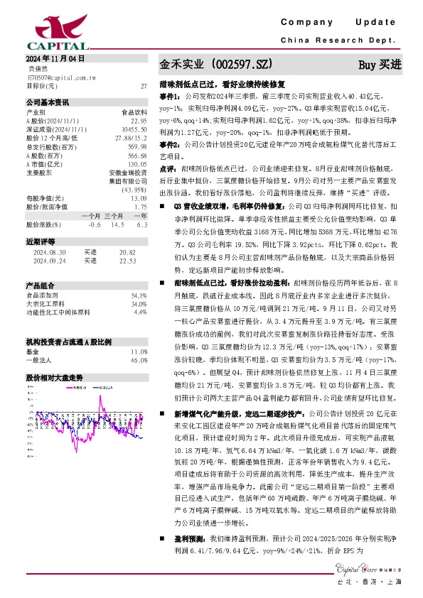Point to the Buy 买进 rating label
(x=380, y=65)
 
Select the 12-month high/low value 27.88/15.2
(x=131, y=137)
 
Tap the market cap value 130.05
(x=136, y=163)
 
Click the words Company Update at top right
(x=342, y=23)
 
